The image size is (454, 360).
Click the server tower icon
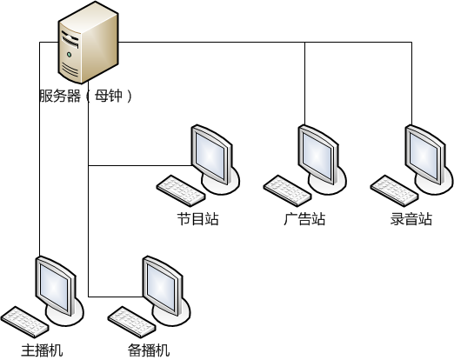point(88,43)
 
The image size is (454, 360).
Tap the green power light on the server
point(69,54)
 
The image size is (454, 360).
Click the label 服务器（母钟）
point(86,96)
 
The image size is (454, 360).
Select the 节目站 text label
point(197,219)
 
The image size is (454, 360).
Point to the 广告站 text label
point(304,219)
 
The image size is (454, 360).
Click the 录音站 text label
point(411,219)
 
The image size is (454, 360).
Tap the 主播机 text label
point(42,350)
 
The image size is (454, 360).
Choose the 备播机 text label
point(149,350)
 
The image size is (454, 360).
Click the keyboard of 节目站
point(181,190)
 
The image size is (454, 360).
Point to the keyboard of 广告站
point(288,190)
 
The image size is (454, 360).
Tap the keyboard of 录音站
point(394,190)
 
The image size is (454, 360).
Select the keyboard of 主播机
point(24,322)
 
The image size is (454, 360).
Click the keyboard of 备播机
point(132,322)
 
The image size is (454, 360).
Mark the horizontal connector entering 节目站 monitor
point(140,166)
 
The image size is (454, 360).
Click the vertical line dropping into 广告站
point(304,83)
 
